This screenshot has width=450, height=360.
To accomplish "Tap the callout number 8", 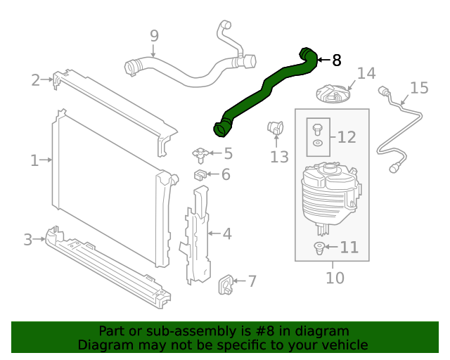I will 337,60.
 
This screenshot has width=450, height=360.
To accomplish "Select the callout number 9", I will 154,35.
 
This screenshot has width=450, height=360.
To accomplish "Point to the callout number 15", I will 419,88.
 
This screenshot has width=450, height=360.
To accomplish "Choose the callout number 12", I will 347,138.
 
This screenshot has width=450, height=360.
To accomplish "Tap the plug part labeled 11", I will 318,247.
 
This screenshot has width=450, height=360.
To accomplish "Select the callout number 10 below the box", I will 335,278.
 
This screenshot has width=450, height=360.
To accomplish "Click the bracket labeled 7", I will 227,282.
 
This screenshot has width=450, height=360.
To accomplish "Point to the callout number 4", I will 227,233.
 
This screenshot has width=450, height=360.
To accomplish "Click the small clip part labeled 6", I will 200,174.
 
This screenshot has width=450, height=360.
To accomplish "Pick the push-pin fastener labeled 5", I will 199,153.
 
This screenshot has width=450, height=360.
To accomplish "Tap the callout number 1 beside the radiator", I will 34,160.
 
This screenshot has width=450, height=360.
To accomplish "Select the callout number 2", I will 36,80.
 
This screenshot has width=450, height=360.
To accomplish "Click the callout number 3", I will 28,240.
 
